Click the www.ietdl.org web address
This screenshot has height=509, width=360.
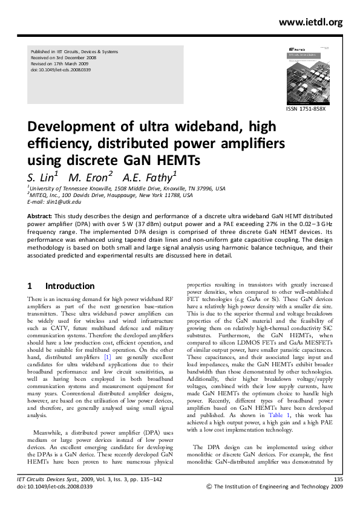[310, 22]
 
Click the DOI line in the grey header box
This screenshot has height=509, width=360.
[61, 71]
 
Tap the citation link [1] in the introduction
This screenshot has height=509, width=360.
[108, 358]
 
